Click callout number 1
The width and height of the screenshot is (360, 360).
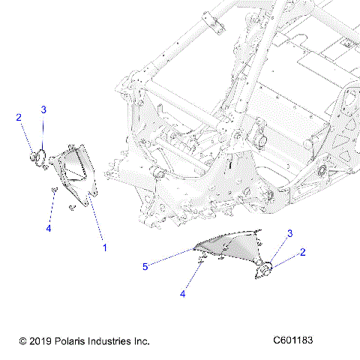(104, 247)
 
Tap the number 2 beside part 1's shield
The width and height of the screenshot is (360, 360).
(19, 118)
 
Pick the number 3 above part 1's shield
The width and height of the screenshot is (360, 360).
(43, 109)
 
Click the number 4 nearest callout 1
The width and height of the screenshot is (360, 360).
(47, 228)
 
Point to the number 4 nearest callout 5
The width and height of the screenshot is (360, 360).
(182, 295)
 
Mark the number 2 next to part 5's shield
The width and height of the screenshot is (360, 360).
(303, 253)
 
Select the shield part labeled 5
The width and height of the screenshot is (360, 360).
(229, 246)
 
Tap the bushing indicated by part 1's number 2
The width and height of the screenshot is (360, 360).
(35, 157)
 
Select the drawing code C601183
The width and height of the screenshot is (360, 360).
(293, 340)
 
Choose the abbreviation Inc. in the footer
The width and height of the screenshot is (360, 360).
(141, 341)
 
